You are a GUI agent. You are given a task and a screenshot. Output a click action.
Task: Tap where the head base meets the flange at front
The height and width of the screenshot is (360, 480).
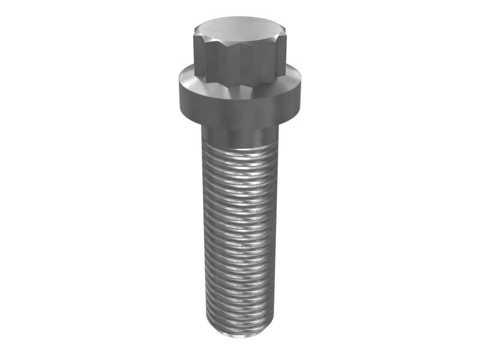[x=239, y=85]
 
